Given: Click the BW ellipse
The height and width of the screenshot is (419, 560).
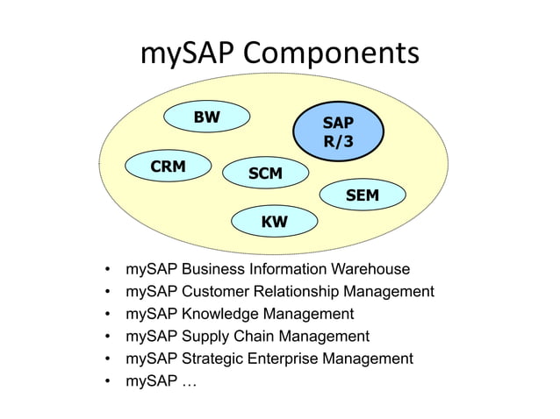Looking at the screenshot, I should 207,117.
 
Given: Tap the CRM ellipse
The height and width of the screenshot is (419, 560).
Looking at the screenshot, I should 167,166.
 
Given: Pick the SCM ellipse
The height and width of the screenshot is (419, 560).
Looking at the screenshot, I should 265,174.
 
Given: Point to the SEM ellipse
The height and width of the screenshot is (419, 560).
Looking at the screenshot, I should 362,195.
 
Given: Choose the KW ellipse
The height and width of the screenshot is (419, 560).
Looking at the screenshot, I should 274,223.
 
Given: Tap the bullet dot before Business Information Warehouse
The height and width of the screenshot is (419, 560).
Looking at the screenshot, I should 107,269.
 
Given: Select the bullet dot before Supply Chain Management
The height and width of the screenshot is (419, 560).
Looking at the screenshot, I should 107,337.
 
